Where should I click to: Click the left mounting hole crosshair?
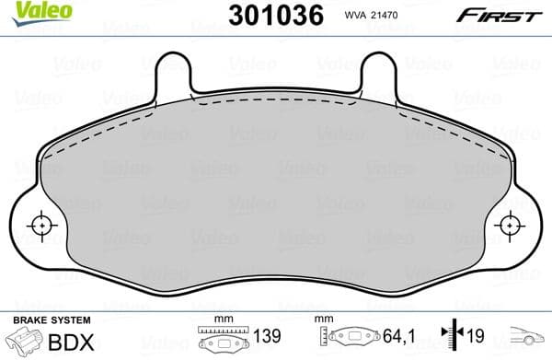point(41,225)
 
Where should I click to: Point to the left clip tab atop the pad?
point(174,74)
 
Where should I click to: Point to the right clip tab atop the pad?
point(377,74)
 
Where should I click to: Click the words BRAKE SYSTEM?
point(51,319)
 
